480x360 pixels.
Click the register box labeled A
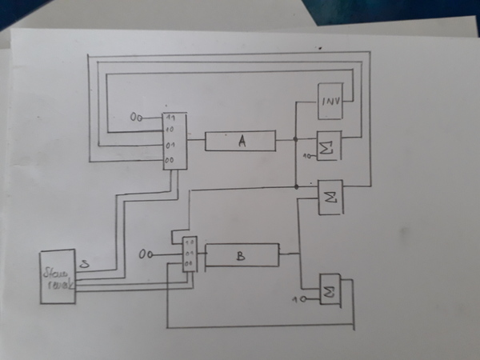pos(240,141)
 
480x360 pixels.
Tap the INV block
pos(330,101)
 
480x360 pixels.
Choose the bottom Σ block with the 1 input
pos(330,290)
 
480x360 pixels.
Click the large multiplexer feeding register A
pos(174,141)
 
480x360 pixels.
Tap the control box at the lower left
pos(57,277)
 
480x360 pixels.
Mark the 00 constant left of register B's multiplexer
pos(145,254)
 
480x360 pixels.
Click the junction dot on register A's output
pos(295,139)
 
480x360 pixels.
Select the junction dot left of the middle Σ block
pos(297,186)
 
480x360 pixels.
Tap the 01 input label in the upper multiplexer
pos(170,146)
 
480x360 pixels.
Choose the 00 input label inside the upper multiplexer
pos(169,161)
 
